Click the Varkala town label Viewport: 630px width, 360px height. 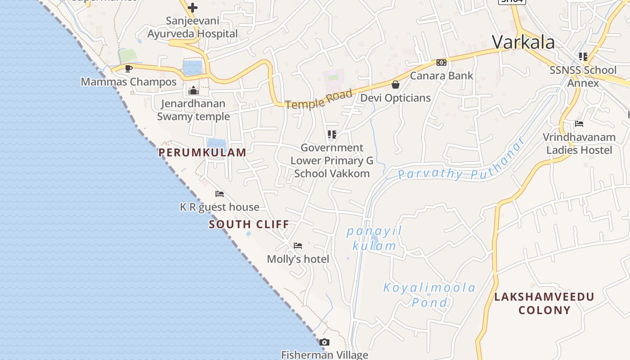coord(523,42)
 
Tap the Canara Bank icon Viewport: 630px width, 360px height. coord(441,63)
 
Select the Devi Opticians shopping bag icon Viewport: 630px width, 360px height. coord(396,85)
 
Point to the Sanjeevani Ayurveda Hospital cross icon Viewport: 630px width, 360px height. coord(193,8)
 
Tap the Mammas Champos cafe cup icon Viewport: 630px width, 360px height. coord(129,68)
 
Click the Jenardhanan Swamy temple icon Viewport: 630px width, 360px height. coord(193,90)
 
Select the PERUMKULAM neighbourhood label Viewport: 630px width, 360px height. coord(202,153)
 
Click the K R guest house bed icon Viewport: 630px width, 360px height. coord(220,194)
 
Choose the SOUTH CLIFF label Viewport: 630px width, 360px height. coord(249,224)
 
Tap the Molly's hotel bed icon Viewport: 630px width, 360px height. coord(298,246)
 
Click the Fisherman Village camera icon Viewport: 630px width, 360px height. coord(324,342)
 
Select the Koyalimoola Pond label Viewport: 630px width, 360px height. coord(429,295)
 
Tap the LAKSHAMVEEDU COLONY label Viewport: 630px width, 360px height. coord(544,303)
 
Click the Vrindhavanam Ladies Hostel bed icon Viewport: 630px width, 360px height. coord(579,124)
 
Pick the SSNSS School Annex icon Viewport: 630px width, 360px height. coord(583,57)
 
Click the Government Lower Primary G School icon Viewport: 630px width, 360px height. coord(332,134)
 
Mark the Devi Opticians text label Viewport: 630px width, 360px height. coord(396,98)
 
